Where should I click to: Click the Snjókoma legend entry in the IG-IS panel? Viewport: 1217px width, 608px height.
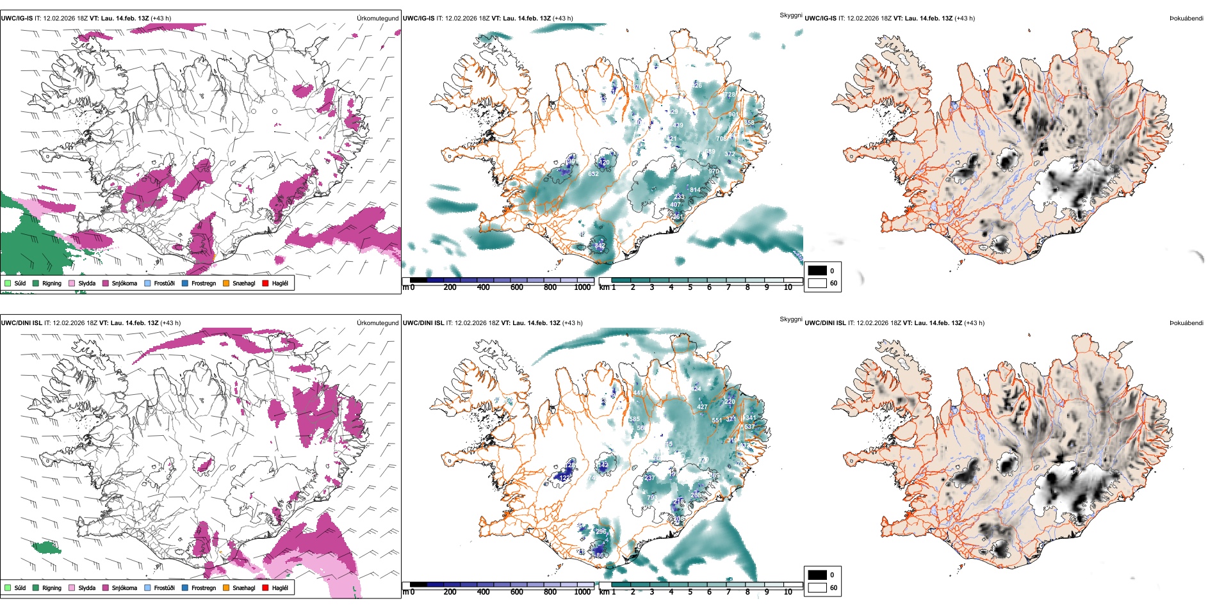(x=124, y=283)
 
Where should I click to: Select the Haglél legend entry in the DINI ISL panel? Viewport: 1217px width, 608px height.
(x=280, y=588)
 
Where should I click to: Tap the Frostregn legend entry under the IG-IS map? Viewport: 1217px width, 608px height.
(x=203, y=283)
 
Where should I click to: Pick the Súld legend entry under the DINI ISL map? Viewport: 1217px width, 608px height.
(x=20, y=588)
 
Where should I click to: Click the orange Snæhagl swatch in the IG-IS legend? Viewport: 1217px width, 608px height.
(x=226, y=283)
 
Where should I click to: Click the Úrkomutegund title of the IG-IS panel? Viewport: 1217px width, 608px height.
(x=377, y=19)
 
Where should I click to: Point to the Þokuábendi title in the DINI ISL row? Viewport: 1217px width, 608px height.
(x=1186, y=323)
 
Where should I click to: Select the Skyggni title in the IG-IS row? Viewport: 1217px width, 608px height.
(x=790, y=15)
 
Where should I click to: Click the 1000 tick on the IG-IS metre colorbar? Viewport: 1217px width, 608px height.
(x=582, y=287)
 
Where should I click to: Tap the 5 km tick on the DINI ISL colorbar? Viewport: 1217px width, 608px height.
(x=690, y=592)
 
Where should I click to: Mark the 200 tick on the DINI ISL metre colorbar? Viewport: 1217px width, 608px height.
(x=450, y=592)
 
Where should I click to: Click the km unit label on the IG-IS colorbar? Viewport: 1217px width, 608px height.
(x=604, y=287)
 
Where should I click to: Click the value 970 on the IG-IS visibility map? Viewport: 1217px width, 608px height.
(x=714, y=172)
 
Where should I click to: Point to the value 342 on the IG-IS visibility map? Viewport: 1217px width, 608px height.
(x=600, y=246)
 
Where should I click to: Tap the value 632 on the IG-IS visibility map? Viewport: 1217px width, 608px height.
(x=593, y=174)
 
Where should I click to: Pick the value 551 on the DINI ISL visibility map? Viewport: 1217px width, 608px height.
(x=717, y=420)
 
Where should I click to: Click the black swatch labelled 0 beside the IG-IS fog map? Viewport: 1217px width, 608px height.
(x=817, y=271)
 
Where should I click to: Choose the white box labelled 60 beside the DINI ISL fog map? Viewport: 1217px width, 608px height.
(x=817, y=588)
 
